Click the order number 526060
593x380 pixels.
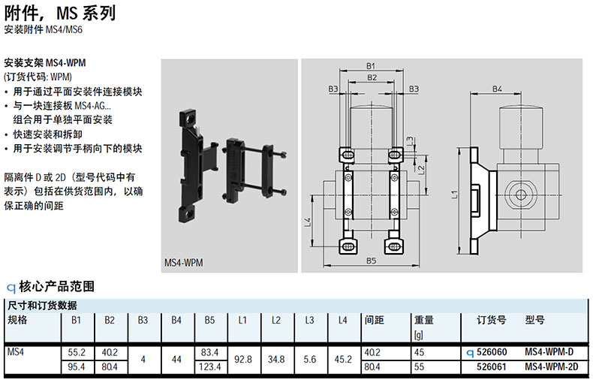pos(492,352)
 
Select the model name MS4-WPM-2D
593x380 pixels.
pos(552,366)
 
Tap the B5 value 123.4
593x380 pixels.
pos(209,366)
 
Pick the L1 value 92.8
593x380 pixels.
pos(242,359)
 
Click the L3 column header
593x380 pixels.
pos(309,320)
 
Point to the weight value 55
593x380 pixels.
pos(419,366)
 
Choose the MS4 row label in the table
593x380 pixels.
pos(16,352)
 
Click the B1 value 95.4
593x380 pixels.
pos(77,366)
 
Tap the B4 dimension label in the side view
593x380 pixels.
pos(497,89)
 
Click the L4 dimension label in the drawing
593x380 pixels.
pos(308,222)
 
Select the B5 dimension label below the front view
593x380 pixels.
pos(371,261)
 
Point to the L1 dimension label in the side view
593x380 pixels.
pos(454,195)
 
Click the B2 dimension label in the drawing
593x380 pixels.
pos(372,77)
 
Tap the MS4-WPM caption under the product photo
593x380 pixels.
pos(183,262)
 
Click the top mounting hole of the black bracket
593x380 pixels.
pos(189,119)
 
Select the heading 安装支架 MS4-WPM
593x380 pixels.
pos(45,62)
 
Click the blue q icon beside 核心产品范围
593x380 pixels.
pos(11,288)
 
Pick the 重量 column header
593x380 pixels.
pos(423,320)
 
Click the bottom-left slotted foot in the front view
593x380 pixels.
pos(349,246)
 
